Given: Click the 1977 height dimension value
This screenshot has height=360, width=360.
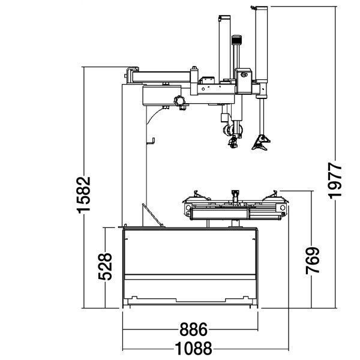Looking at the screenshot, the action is (x=335, y=181).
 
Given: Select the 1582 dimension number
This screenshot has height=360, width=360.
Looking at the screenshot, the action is (x=83, y=195).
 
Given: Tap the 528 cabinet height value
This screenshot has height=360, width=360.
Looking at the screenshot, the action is (x=105, y=266).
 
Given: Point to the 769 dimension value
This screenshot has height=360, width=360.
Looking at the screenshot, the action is (x=313, y=260).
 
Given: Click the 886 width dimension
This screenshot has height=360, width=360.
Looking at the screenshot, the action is (x=193, y=329).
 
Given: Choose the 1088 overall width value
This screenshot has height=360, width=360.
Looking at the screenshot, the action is (x=193, y=348).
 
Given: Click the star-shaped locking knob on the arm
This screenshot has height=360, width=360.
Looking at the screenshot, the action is (x=179, y=101).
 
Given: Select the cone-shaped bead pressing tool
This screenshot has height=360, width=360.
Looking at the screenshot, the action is (x=261, y=143).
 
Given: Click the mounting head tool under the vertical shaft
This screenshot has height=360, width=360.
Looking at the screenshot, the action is (x=233, y=142).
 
